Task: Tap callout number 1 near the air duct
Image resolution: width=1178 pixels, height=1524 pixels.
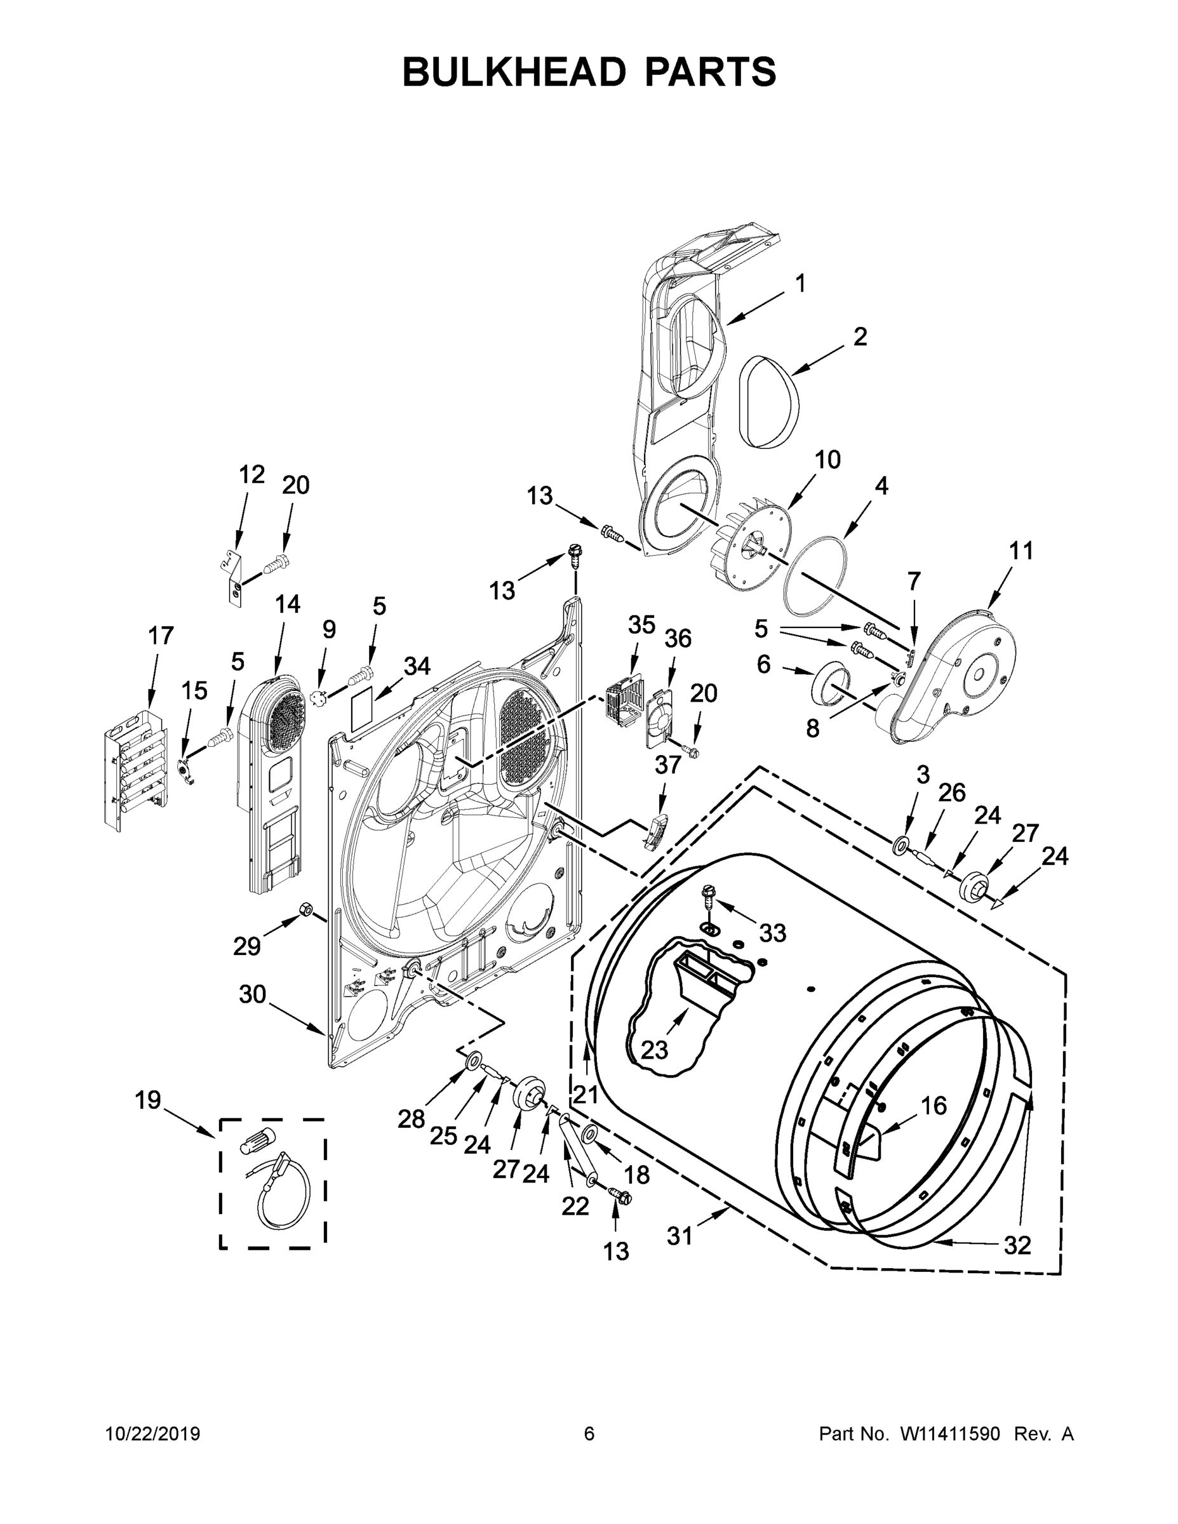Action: coord(800,283)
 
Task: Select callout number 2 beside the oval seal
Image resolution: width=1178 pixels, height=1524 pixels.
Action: coord(860,337)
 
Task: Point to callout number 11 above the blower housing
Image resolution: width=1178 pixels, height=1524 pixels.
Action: coord(1021,551)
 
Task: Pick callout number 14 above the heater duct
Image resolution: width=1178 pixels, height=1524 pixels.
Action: coord(287,605)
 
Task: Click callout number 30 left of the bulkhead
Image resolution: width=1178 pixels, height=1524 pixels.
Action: coord(252,994)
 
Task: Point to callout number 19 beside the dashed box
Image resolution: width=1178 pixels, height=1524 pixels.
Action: coord(148,1100)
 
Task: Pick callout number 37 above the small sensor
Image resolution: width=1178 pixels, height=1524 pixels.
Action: coord(667,765)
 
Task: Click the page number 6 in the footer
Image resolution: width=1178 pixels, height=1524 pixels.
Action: coord(589,1433)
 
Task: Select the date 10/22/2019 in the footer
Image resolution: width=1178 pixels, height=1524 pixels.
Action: coord(153,1434)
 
